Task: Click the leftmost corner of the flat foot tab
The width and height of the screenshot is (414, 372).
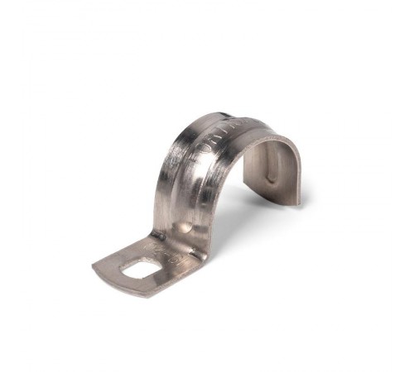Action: tap(93, 266)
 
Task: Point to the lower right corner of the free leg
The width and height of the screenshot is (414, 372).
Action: tap(299, 203)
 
